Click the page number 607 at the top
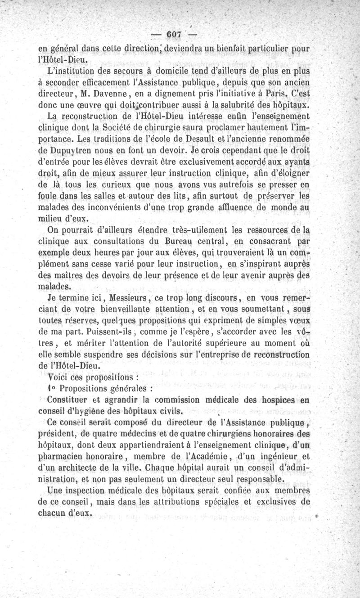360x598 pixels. (173, 35)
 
